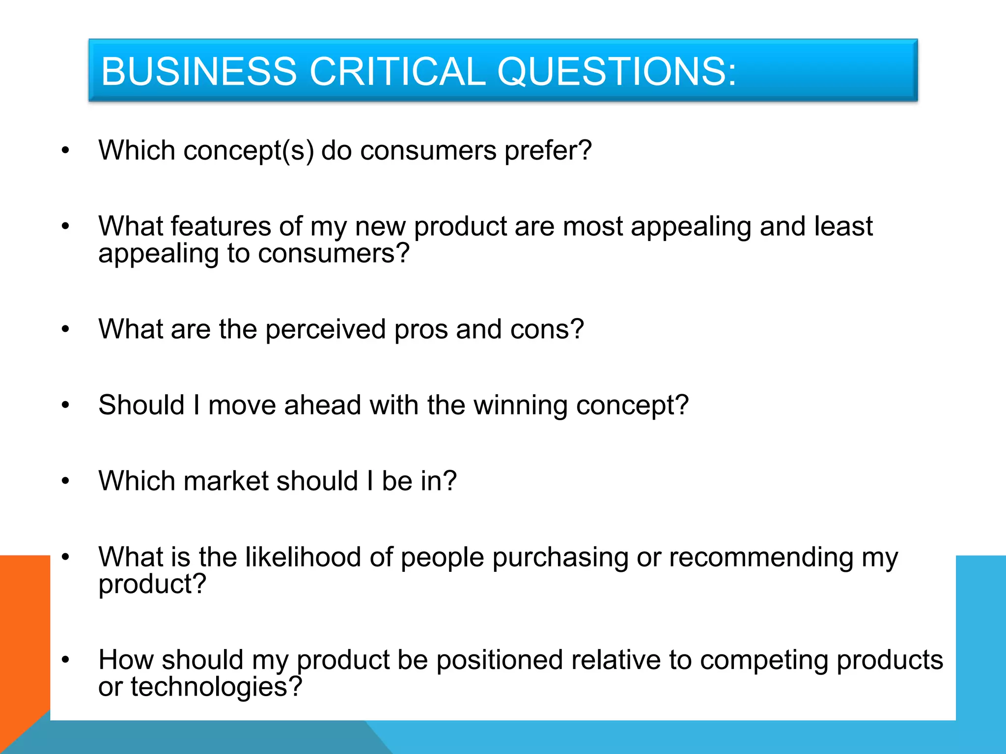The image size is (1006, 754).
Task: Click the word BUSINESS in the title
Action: [x=199, y=72]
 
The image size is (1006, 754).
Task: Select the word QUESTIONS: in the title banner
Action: [x=616, y=72]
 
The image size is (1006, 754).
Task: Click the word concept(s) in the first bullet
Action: [x=249, y=150]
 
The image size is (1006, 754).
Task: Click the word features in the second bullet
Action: [x=221, y=226]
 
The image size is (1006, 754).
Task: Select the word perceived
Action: [x=326, y=329]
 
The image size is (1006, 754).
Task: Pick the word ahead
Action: [x=323, y=405]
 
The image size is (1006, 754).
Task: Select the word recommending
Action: [x=761, y=558]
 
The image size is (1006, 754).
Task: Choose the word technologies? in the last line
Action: [x=216, y=687]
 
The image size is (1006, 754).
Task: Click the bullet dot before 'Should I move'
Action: [x=65, y=405]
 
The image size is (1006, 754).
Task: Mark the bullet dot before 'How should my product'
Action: [x=65, y=660]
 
